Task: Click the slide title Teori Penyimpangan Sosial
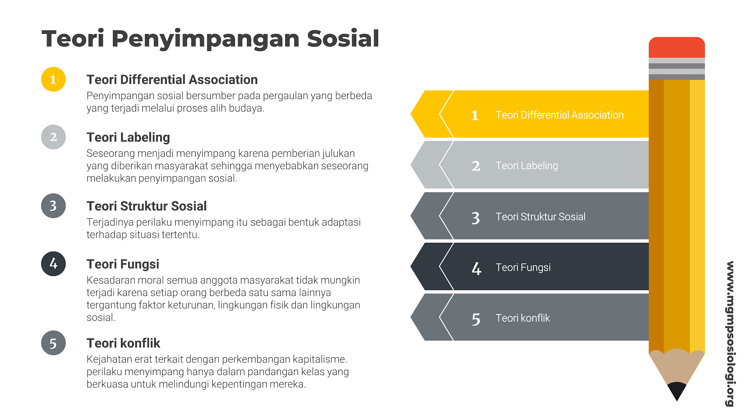(x=211, y=39)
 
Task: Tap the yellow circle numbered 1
(x=53, y=79)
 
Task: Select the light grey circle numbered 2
(x=53, y=137)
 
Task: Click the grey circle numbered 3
(x=53, y=206)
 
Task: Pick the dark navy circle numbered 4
(x=53, y=264)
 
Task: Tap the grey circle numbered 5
(x=53, y=343)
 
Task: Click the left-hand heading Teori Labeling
(x=128, y=137)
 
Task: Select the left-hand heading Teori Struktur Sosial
(x=146, y=206)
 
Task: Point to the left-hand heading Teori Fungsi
(x=123, y=264)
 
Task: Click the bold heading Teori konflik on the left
(x=123, y=343)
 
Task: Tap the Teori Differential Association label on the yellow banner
(x=559, y=115)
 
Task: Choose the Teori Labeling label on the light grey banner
(x=527, y=166)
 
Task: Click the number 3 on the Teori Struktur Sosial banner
(x=476, y=218)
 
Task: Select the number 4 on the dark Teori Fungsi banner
(x=476, y=268)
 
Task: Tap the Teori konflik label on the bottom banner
(x=522, y=318)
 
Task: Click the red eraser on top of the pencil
(x=676, y=47)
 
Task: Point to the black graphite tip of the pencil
(x=676, y=391)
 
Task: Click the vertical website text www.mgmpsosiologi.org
(x=730, y=334)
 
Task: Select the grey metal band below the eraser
(x=676, y=69)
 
